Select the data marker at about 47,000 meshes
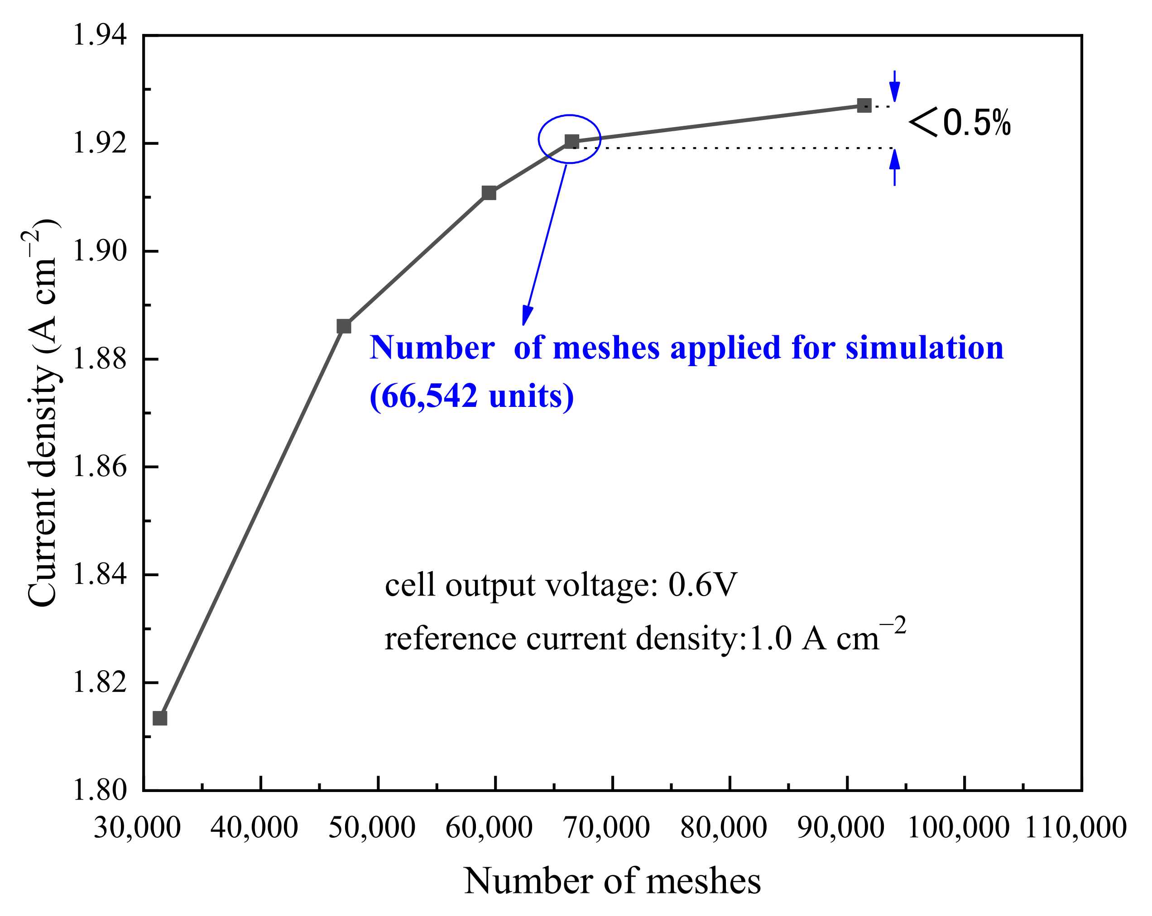[344, 326]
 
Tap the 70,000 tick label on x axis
[607, 828]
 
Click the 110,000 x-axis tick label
[1075, 828]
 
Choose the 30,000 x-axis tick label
[137, 828]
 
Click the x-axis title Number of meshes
[612, 881]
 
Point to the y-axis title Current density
[42, 414]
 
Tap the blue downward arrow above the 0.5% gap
[894, 87]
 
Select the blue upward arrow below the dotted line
[894, 166]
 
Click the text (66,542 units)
[471, 396]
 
